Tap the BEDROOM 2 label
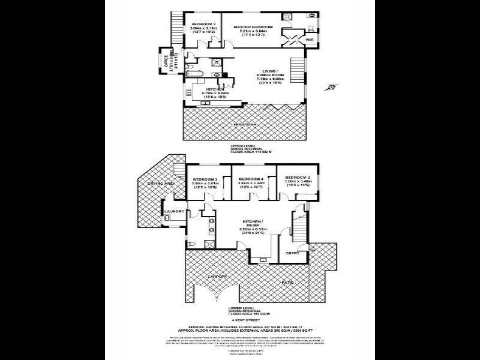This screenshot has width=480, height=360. click(203, 23)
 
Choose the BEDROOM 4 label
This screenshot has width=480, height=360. click(249, 179)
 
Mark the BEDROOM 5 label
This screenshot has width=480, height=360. click(297, 178)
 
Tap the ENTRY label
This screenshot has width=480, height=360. click(292, 253)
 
